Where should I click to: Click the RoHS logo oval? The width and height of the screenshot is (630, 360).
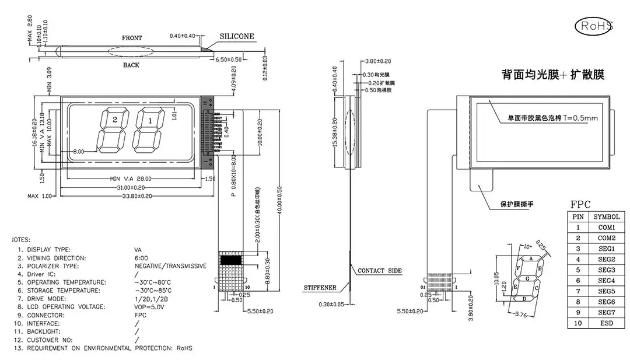pos(594,26)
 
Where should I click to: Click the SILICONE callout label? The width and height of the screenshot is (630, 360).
pos(236,36)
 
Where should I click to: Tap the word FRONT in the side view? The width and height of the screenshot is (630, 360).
pos(132,38)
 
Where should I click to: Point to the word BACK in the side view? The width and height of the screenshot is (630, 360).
pos(131,65)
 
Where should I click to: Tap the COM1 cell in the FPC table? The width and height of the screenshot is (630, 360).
pos(605,227)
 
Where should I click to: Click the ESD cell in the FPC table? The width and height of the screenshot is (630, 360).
pos(605,323)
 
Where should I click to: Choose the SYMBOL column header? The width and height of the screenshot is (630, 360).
pos(605,216)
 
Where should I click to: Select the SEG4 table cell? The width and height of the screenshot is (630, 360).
pos(605,281)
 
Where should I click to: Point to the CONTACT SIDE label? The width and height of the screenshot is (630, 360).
pos(379,271)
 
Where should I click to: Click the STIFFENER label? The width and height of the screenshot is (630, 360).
pos(320,288)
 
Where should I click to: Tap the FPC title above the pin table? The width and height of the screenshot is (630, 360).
pos(580,204)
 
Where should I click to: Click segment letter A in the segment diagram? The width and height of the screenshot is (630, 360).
pos(530,258)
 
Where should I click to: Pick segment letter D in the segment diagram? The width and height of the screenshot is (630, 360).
pos(524,299)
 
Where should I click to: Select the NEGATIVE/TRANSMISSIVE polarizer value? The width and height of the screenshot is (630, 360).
pos(170,266)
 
